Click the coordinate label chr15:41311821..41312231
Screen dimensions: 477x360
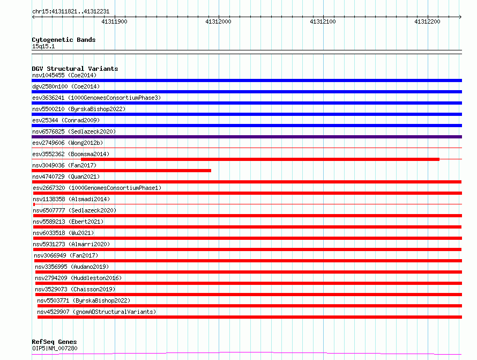(71, 12)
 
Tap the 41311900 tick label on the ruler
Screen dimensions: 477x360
(114, 21)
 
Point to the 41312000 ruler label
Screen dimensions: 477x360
(219, 21)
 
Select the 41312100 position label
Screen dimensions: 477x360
(323, 21)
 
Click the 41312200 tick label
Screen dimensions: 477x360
(427, 21)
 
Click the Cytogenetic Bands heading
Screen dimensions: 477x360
(64, 40)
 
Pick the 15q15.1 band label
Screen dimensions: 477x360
(43, 46)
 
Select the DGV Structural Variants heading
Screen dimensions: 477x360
(75, 69)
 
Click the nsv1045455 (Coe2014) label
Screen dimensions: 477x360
(64, 75)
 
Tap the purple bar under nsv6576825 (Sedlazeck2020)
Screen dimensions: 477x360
(247, 137)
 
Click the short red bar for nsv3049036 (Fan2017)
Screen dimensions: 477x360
(121, 171)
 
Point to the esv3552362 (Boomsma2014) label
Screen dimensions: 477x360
(71, 154)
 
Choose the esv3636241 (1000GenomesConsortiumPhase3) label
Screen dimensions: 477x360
(96, 98)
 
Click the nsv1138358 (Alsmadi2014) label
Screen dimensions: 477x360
(71, 199)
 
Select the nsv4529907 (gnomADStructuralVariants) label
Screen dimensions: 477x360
(96, 312)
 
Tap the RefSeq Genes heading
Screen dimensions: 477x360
(54, 342)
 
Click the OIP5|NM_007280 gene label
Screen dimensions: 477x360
(55, 348)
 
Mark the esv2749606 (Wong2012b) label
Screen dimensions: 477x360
(68, 143)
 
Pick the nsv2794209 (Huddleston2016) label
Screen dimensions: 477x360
(78, 278)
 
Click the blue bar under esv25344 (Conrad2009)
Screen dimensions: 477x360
(247, 126)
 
